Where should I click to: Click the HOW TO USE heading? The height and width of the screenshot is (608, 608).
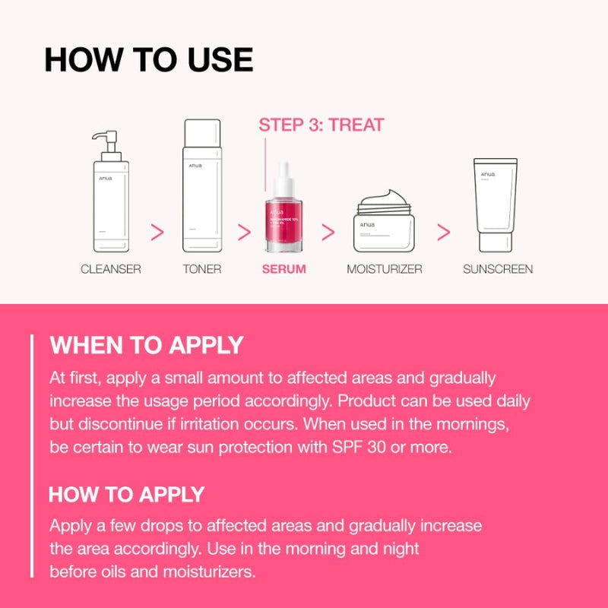[x=148, y=60]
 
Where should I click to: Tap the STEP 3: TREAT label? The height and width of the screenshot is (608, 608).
[x=321, y=125]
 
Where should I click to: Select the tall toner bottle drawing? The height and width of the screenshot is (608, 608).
[x=202, y=190]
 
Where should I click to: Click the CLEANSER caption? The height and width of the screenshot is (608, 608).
[x=111, y=269]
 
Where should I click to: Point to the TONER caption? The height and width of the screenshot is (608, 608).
[x=202, y=269]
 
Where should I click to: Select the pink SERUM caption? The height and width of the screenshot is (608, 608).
[x=284, y=269]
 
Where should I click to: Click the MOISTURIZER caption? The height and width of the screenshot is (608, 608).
[x=385, y=269]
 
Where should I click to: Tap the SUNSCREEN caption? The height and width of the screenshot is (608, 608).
[x=498, y=269]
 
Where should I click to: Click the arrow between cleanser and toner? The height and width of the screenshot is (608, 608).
[x=158, y=233]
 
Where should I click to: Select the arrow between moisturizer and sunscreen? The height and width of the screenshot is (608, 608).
[x=444, y=233]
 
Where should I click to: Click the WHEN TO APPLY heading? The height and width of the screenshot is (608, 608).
[x=147, y=346]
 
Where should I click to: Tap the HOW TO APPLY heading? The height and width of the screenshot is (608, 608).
[x=127, y=495]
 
